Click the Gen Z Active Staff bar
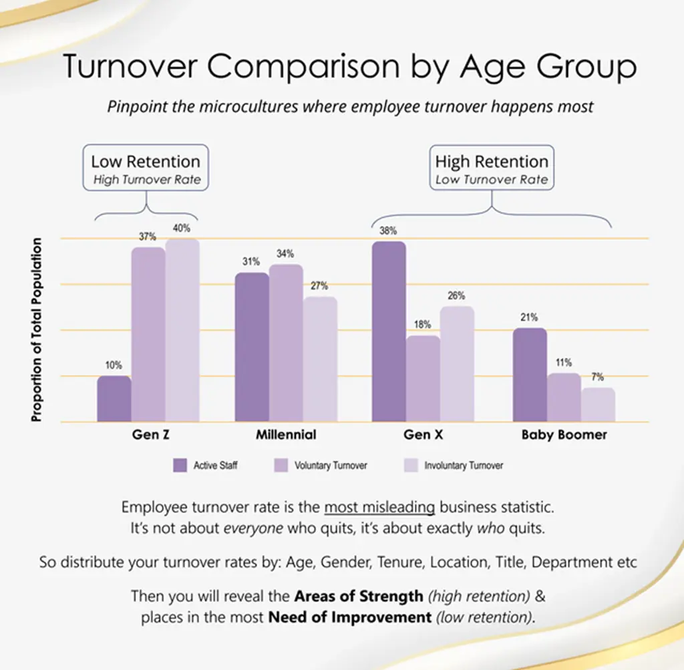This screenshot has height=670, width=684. tap(114, 399)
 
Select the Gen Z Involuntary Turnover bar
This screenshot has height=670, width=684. tap(182, 331)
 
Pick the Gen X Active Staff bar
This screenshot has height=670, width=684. tap(389, 332)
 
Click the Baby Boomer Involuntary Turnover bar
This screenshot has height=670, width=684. tap(598, 405)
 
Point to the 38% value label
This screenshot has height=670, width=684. tap(388, 230)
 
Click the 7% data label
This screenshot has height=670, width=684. tap(598, 377)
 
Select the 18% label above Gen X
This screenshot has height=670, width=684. tap(422, 325)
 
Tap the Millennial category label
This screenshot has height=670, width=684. tap(286, 435)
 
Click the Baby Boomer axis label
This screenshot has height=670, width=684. tap(564, 435)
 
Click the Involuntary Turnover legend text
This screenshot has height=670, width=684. tap(464, 466)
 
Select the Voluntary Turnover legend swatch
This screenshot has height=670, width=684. tap(281, 466)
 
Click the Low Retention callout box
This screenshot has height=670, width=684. tap(146, 169)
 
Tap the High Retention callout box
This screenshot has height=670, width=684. tap(492, 169)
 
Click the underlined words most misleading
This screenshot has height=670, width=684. tap(379, 507)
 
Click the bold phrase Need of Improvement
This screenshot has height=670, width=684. tap(350, 617)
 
